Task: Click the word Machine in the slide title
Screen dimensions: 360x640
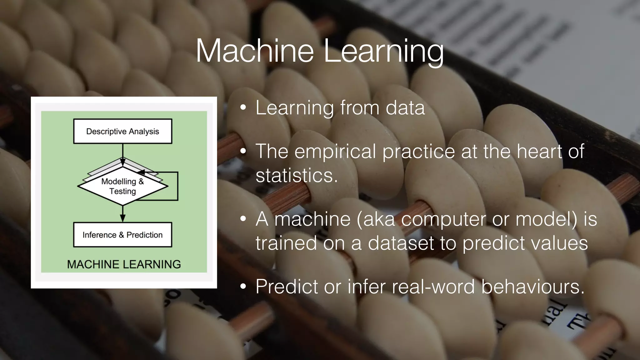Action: pos(254,51)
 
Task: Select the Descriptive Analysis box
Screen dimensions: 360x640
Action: pos(122,131)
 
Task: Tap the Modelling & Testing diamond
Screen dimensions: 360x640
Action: pos(122,187)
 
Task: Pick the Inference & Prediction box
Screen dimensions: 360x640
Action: pos(122,235)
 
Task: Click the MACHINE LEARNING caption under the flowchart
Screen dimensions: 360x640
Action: pos(124,264)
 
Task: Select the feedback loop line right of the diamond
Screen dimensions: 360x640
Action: pos(177,186)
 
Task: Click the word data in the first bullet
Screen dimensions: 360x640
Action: pos(405,108)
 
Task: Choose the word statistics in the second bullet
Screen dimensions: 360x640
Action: pos(296,175)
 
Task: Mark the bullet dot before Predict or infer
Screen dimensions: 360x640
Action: pos(243,287)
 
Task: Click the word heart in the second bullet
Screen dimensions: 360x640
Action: pos(539,152)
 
